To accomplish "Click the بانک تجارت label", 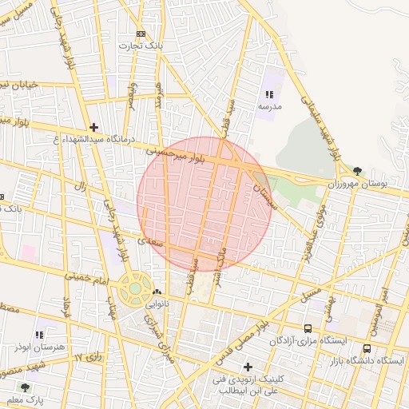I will (x=141, y=46).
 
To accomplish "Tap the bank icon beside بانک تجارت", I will (x=141, y=34).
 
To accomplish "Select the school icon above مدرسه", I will (x=268, y=94).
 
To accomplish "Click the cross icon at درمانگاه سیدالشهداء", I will (x=94, y=127).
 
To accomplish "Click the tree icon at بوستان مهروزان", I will (x=356, y=170).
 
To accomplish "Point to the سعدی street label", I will (x=148, y=237).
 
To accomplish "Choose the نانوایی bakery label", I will (x=156, y=304).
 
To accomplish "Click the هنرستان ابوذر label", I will (x=38, y=347).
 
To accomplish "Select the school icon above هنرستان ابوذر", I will (x=39, y=335).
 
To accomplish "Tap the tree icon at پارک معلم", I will (x=25, y=387).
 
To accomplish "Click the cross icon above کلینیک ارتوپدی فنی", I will (x=248, y=366).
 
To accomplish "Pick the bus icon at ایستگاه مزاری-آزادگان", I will (x=308, y=328).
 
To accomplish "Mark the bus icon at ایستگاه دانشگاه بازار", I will (x=367, y=348).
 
